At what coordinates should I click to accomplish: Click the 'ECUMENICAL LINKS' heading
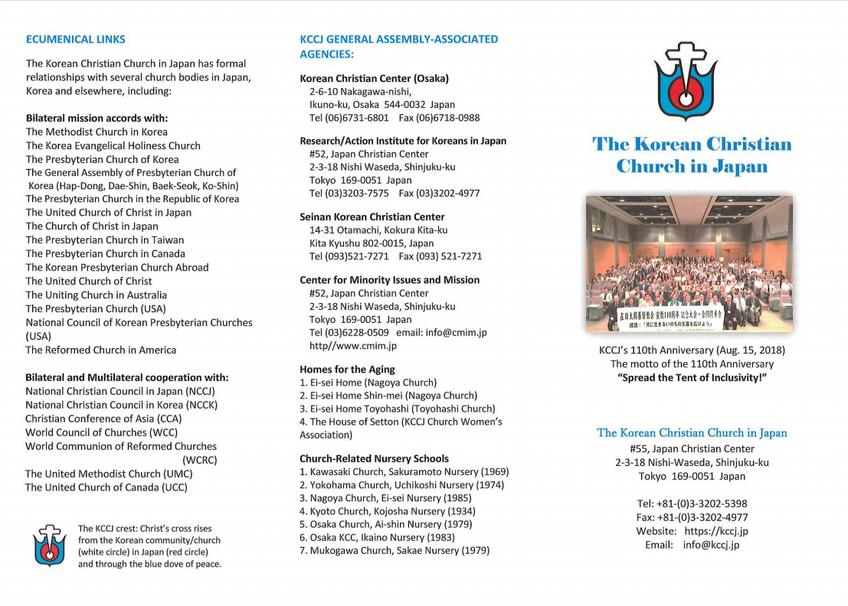[x=76, y=39]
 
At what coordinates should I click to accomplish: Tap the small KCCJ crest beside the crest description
[x=49, y=546]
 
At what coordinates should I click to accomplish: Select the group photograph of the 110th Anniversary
[x=689, y=264]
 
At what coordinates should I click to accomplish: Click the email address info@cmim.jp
[x=457, y=333]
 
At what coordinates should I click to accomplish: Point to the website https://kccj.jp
[x=716, y=531]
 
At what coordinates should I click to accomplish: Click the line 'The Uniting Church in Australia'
[x=96, y=295]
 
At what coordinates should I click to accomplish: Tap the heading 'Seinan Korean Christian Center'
[x=372, y=217]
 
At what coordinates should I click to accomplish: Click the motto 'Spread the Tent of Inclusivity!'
[x=692, y=379]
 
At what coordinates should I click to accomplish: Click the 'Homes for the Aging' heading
[x=347, y=370]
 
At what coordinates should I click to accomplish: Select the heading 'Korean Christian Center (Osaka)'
[x=374, y=79]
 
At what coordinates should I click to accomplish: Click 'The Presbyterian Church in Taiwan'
[x=105, y=240]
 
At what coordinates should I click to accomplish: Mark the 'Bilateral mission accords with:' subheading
[x=97, y=119]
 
